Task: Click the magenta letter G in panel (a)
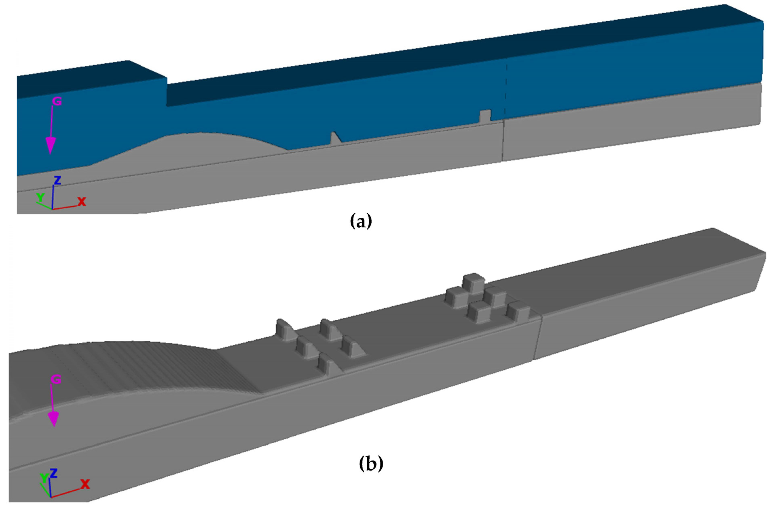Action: [57, 101]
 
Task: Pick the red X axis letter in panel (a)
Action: [81, 201]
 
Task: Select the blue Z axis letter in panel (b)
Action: [54, 473]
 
